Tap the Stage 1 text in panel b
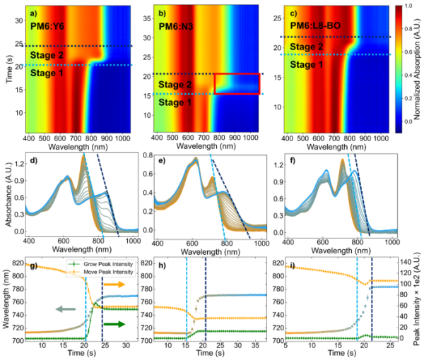[x=175, y=102]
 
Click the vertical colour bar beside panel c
[x=399, y=69]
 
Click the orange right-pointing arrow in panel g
[x=114, y=284]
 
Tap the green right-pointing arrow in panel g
[x=114, y=324]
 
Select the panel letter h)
[x=162, y=266]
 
